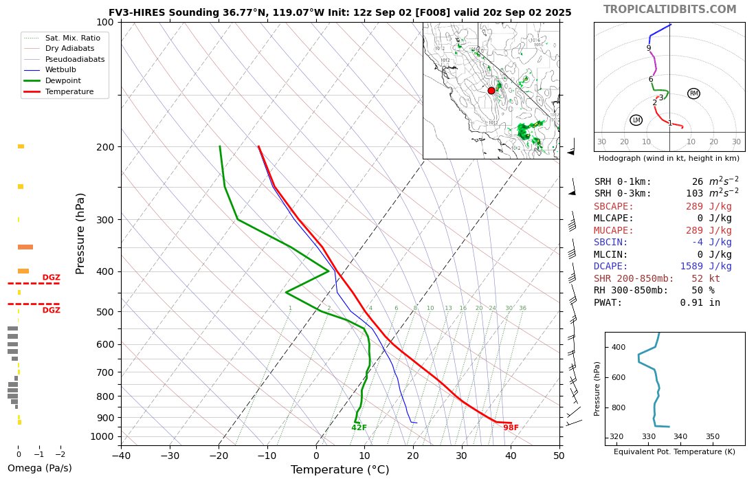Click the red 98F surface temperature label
pyautogui.click(x=511, y=427)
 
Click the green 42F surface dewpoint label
pyautogui.click(x=359, y=427)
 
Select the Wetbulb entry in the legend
pyautogui.click(x=60, y=70)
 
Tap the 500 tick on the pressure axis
pyautogui.click(x=105, y=312)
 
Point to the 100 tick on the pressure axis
pyautogui.click(x=105, y=23)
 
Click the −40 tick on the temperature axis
pyautogui.click(x=121, y=455)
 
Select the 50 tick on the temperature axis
pyautogui.click(x=559, y=455)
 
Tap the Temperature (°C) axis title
pyautogui.click(x=340, y=470)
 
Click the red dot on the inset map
pyautogui.click(x=491, y=91)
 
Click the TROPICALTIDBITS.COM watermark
pyautogui.click(x=669, y=10)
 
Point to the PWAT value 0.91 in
pyautogui.click(x=700, y=302)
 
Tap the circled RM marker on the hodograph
pyautogui.click(x=693, y=93)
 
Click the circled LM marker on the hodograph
pyautogui.click(x=636, y=120)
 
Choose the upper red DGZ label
pyautogui.click(x=51, y=278)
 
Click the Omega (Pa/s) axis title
pyautogui.click(x=39, y=468)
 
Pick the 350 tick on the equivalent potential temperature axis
pyautogui.click(x=712, y=436)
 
